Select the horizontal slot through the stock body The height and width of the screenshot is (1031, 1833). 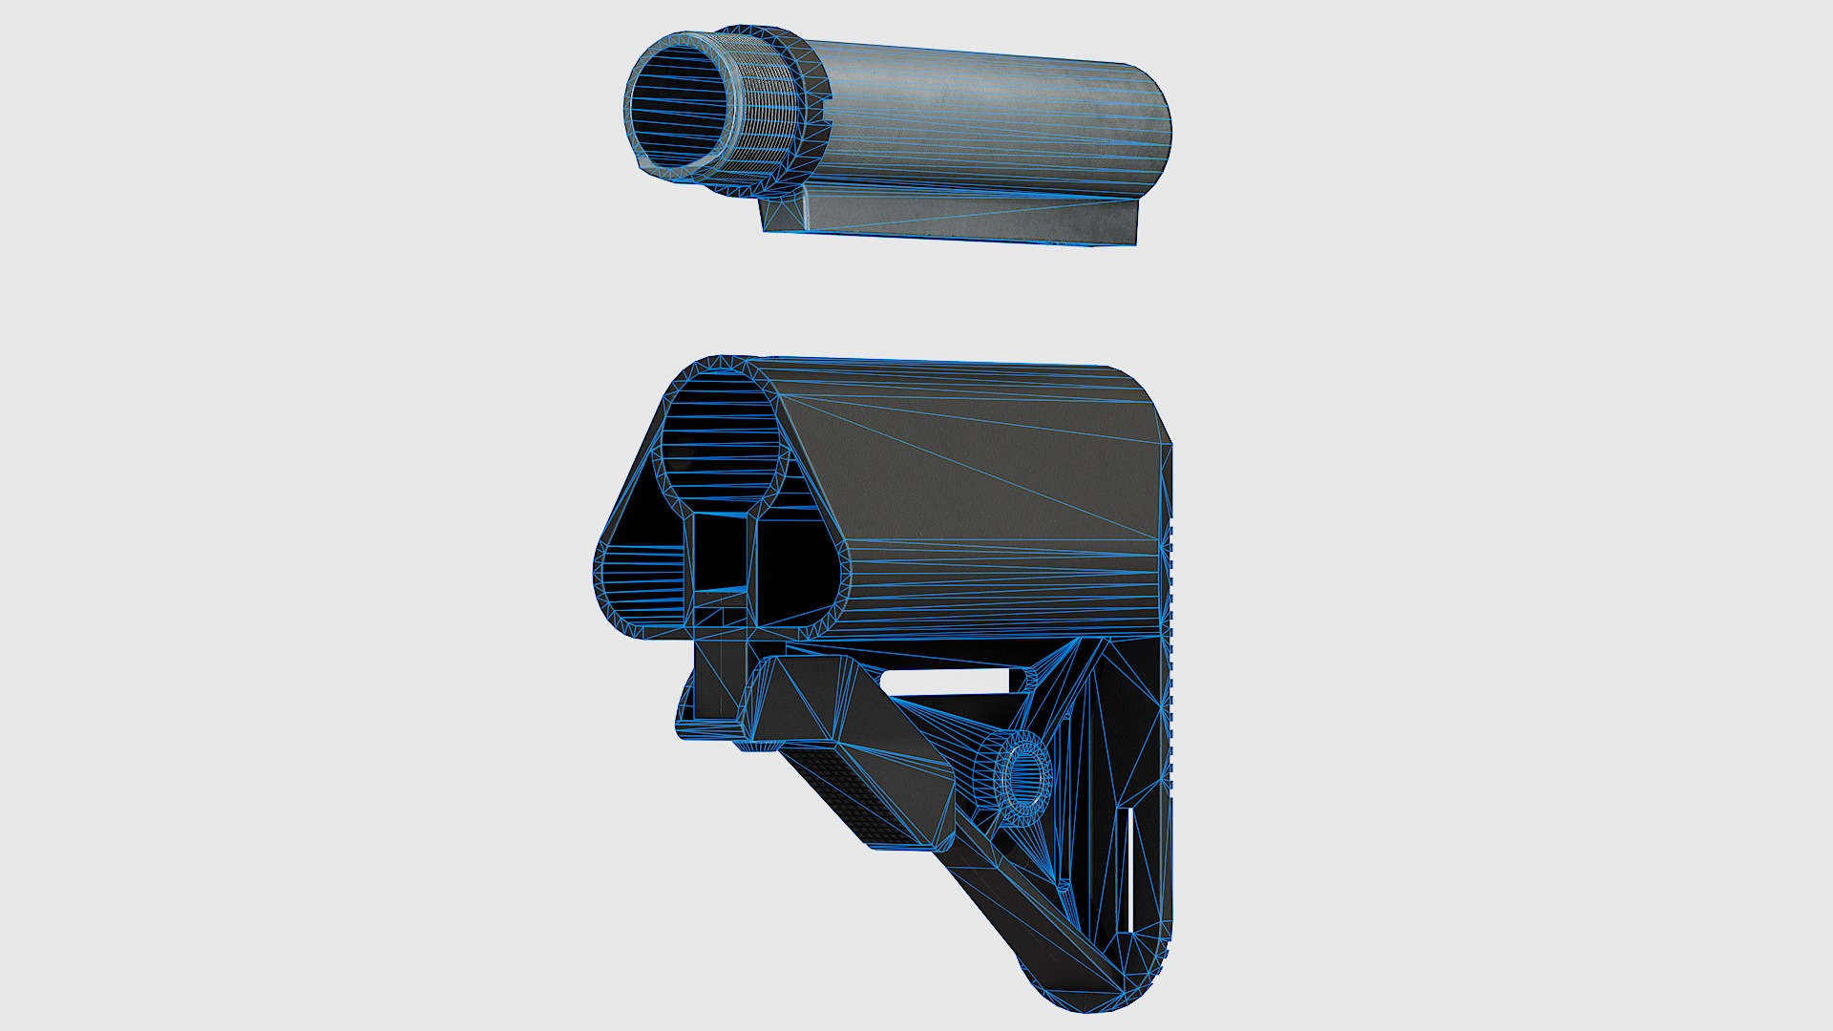pos(945,680)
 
